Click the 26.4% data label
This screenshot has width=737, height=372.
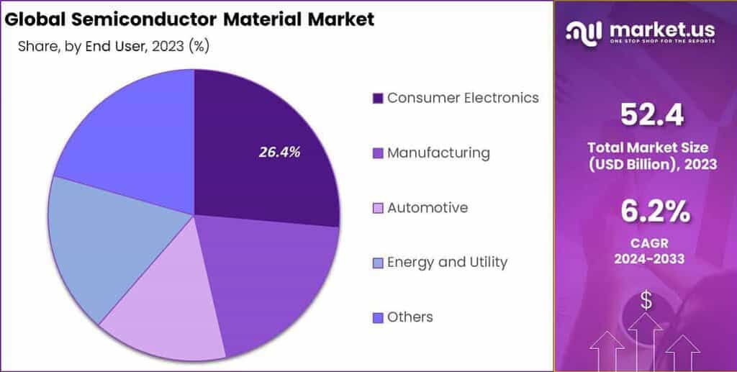[279, 152]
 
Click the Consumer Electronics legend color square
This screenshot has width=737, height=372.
[377, 99]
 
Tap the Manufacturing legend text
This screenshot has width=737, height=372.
[438, 153]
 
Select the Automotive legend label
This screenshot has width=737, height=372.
[428, 208]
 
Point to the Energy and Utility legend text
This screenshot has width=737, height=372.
[447, 262]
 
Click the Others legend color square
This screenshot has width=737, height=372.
[377, 317]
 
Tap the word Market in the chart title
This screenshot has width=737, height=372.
[342, 19]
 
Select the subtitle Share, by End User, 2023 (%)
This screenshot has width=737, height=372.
[114, 47]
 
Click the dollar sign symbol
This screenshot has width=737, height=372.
[646, 301]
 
